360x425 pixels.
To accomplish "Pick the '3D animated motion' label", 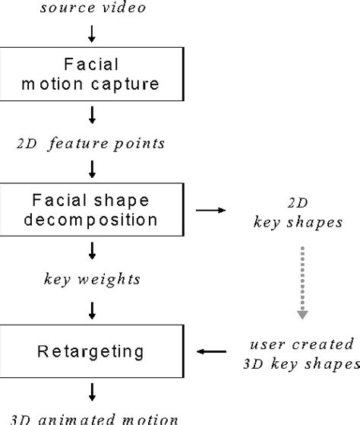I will (91, 417).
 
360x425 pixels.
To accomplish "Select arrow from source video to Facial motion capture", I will (91, 33).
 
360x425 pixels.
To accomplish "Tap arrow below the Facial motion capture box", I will (91, 115).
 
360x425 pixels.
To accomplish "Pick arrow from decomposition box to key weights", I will (91, 252).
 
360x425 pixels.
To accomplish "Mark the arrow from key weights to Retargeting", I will (91, 309).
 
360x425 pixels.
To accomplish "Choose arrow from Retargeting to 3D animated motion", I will (91, 392).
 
